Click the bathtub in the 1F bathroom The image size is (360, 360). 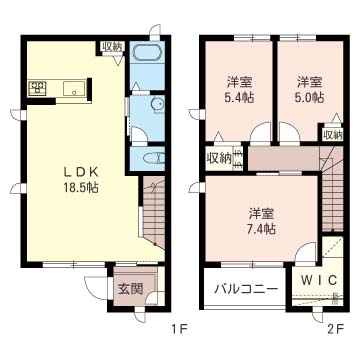pos(147,53)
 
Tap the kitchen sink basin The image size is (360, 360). pos(74,88)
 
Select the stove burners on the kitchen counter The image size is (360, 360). pos(38,88)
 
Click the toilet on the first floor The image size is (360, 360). pos(153,158)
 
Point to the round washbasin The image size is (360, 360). pos(158,104)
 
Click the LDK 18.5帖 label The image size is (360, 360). pos(81,180)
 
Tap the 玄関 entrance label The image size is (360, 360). pos(131,289)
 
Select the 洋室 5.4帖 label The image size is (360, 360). pos(240,89)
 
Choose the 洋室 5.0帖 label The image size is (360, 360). pos(310,89)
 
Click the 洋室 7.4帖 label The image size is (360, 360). pos(261,221)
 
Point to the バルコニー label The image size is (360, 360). pos(246,288)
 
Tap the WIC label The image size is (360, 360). pos(320,280)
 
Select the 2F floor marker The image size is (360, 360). pos(335,330)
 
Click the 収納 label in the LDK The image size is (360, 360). pos(113,47)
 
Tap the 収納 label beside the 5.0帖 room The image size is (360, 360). pos(332,135)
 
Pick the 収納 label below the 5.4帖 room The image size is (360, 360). pos(219,158)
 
